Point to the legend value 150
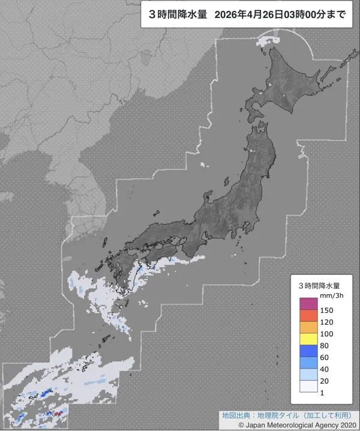pyautogui.click(x=327, y=310)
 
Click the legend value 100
pyautogui.click(x=327, y=334)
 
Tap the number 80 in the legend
pyautogui.click(x=325, y=345)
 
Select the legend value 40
pyautogui.click(x=325, y=369)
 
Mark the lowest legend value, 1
pyautogui.click(x=323, y=392)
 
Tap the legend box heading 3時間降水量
pyautogui.click(x=319, y=285)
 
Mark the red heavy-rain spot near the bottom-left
pyautogui.click(x=58, y=413)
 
